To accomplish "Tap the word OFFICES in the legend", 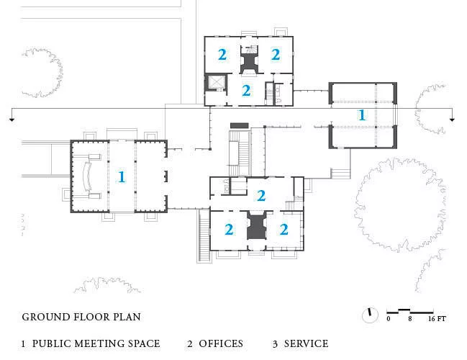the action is click(221, 343).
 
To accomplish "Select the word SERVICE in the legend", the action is click(306, 343).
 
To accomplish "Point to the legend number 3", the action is click(275, 344).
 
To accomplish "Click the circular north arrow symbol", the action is click(370, 315).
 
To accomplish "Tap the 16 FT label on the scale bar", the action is click(437, 319).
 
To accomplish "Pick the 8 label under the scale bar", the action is click(410, 319).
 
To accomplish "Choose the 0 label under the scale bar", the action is click(389, 319).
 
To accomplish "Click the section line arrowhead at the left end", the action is click(12, 120).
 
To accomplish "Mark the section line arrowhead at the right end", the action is click(452, 120).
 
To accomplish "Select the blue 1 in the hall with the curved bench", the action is click(121, 177).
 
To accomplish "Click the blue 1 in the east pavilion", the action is click(362, 115).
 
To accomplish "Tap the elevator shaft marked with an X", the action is click(217, 81).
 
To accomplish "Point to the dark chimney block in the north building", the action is click(249, 63).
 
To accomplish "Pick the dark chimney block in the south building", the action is click(256, 227).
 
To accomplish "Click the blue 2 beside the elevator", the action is click(246, 91).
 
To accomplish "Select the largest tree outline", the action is click(400, 205).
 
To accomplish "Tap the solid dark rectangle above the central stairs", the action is click(240, 126).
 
